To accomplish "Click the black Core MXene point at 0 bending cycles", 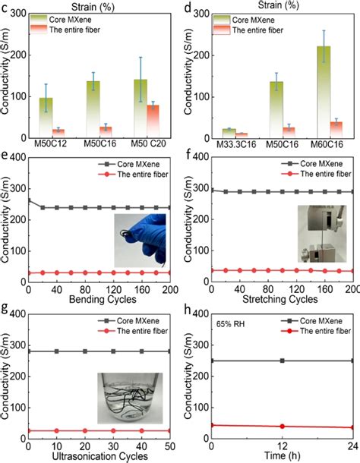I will click(x=29, y=200).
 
